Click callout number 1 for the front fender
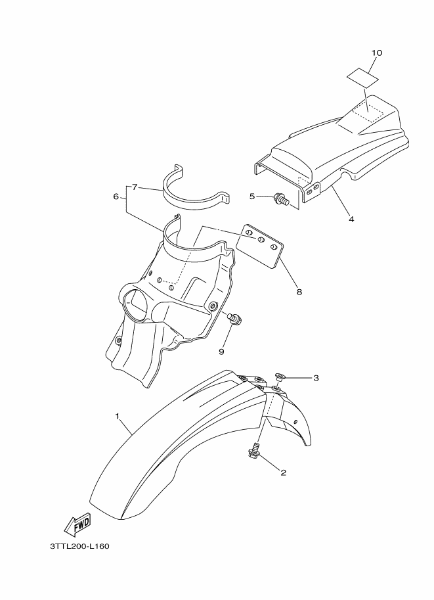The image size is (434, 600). [118, 417]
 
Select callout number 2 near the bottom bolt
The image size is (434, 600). [284, 472]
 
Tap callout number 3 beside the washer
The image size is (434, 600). [316, 378]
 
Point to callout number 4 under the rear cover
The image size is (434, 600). [351, 219]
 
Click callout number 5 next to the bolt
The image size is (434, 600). [252, 196]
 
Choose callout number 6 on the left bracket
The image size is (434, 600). [116, 196]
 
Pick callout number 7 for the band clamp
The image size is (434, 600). [135, 187]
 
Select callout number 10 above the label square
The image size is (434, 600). [376, 52]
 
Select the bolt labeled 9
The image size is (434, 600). [234, 319]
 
